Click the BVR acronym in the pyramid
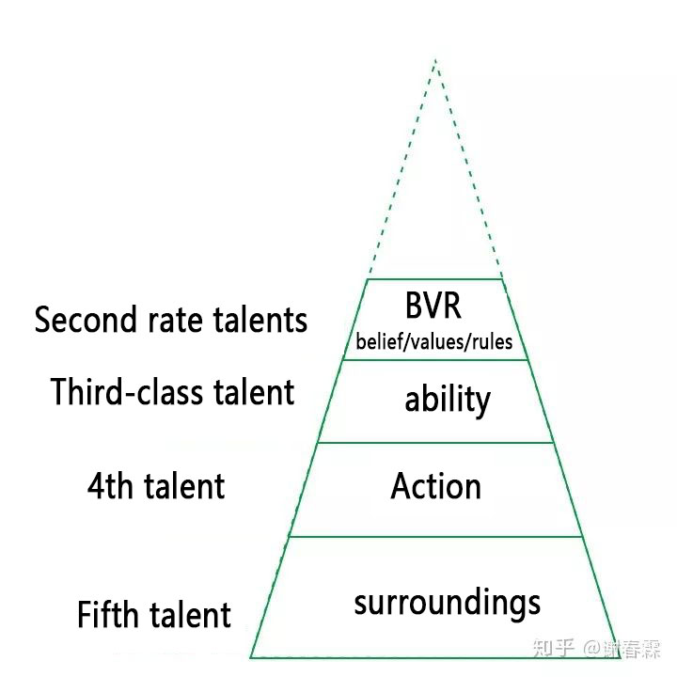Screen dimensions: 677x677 coord(433,306)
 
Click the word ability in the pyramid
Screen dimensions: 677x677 coord(448,399)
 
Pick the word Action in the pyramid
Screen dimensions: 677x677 coord(435,486)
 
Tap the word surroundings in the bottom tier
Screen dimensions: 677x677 coord(448,603)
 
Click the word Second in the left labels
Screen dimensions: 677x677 coord(85,320)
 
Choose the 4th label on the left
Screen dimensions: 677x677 coord(110,486)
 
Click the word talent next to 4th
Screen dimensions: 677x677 coord(184,486)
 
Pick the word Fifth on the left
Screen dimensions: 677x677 coord(106,613)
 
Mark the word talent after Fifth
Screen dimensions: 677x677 coord(190,613)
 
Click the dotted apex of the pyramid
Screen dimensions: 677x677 coord(435,59)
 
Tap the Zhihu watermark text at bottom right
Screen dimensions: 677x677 coord(597,648)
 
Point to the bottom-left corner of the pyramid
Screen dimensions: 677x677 coord(250,657)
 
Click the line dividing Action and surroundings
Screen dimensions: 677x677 coord(436,537)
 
